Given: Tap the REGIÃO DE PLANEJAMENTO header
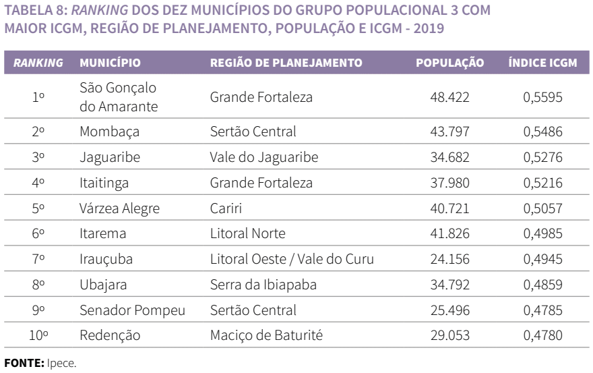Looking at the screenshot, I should [286, 62].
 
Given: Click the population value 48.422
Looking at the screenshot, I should [449, 98].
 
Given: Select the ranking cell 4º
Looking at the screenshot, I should [38, 183].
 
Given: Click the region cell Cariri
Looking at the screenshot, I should [226, 208].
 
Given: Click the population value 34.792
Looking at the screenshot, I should [449, 285].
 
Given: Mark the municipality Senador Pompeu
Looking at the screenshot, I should [132, 310].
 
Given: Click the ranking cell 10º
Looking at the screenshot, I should [38, 336].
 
